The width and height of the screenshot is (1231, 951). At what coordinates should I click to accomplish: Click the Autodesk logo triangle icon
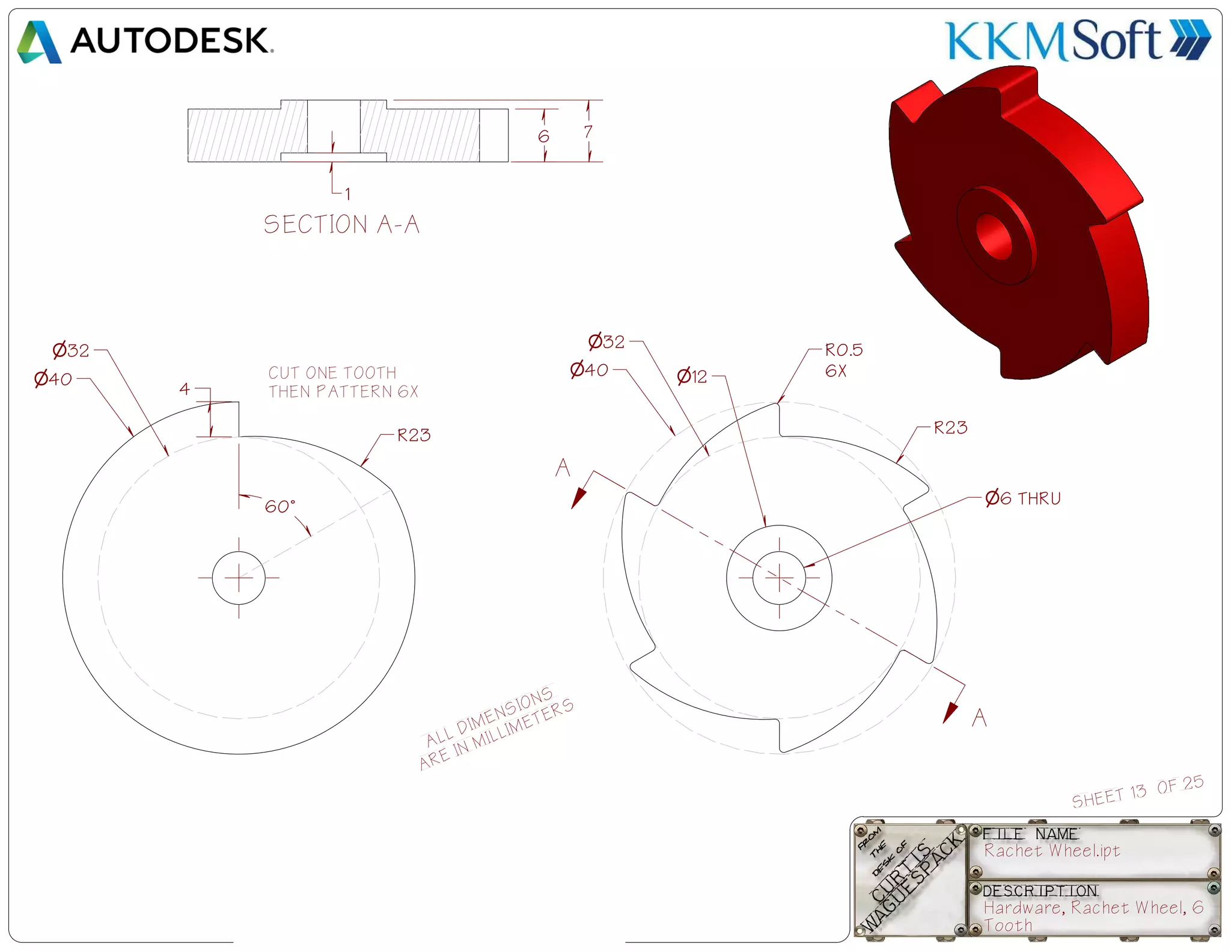pos(39,42)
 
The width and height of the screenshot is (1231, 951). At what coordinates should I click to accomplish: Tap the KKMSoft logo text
pos(1054,41)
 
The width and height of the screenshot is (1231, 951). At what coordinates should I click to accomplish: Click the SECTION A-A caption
pos(341,224)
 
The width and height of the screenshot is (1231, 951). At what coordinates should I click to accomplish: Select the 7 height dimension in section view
pos(588,132)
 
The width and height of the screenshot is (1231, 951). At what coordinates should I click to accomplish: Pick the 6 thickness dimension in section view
pos(543,136)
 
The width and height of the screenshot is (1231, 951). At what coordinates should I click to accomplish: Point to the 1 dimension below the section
pos(347,194)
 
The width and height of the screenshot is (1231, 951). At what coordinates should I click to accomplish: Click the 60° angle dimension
pos(279,506)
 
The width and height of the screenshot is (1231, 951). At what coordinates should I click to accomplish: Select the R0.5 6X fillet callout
pos(843,359)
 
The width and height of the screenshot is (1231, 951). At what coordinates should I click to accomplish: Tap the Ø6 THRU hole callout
pos(1022,498)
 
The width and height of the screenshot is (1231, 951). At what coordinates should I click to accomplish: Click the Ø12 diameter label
pos(692,377)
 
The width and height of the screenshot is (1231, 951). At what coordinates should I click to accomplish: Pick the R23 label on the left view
pos(414,435)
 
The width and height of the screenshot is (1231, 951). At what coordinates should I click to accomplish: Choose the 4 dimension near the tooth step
pos(185,389)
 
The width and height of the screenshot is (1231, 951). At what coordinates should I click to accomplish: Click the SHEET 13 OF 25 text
pos(1137,792)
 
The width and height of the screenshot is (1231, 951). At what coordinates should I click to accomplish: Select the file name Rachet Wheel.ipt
pos(1052,851)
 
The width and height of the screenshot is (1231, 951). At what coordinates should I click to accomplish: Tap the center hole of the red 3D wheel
pos(995,236)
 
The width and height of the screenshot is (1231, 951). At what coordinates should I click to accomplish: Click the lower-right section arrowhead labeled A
pos(950,712)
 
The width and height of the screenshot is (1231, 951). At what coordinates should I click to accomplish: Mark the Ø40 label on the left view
pos(53,379)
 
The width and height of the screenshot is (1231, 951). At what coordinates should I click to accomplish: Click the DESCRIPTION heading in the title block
pos(1040,890)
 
